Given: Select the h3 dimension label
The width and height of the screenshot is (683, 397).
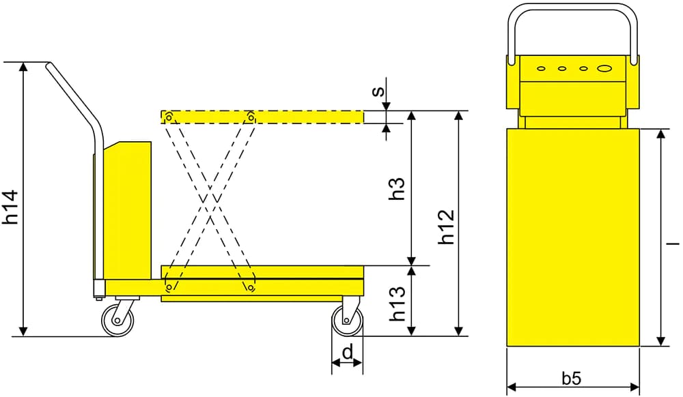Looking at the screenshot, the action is [x=397, y=188].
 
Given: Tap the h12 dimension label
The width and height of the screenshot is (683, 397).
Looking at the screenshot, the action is [x=446, y=226].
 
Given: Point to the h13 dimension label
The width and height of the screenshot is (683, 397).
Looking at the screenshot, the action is [x=397, y=304].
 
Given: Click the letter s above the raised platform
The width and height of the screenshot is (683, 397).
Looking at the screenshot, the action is [x=379, y=91].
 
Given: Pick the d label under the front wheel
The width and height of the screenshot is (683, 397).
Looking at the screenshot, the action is [x=348, y=352].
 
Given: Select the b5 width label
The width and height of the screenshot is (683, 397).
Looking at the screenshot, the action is [x=572, y=378].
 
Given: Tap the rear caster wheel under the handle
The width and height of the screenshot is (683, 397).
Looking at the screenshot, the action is [x=117, y=320].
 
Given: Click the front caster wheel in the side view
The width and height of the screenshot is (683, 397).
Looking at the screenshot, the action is [x=347, y=321].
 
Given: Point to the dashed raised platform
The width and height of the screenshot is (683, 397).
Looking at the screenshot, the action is [x=262, y=117].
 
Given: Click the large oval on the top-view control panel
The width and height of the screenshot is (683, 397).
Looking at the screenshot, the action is [x=604, y=68].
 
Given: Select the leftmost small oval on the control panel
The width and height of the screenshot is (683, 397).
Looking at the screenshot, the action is [x=542, y=68].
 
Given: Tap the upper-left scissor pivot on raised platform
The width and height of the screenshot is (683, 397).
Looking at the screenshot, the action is [x=169, y=117].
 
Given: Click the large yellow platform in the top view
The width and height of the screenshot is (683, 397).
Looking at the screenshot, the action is [x=573, y=237].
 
